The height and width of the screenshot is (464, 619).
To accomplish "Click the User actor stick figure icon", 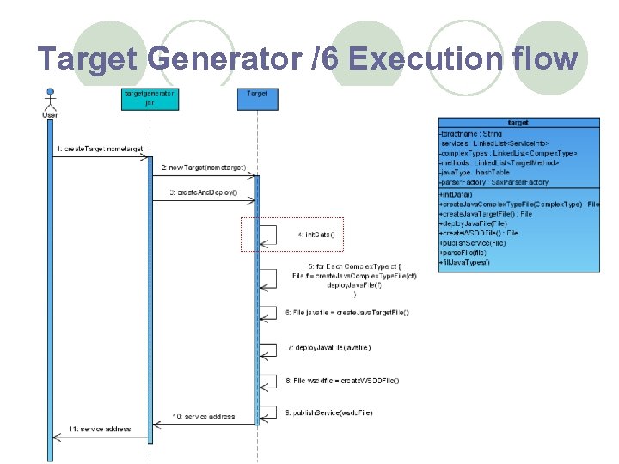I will tap(51, 99).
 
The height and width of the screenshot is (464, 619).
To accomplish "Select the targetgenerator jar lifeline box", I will tap(150, 98).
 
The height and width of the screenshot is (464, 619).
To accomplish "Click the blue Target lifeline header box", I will tap(256, 98).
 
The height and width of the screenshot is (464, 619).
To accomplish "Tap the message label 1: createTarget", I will tap(100, 149).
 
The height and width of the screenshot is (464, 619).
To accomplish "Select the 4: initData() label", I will tap(316, 234).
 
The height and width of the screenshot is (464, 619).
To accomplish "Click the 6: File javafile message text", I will tap(347, 313).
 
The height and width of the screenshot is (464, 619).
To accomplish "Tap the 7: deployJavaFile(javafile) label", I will tap(329, 347).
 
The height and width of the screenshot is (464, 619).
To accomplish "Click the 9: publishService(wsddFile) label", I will tap(329, 412).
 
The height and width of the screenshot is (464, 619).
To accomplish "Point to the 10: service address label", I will tap(204, 417).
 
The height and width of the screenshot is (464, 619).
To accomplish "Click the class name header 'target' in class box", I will tap(518, 123).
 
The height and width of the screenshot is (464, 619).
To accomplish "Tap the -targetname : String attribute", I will tap(470, 134).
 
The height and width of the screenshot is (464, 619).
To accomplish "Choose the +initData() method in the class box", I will tap(456, 195).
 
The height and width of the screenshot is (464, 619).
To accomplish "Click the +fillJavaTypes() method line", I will tap(464, 262).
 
